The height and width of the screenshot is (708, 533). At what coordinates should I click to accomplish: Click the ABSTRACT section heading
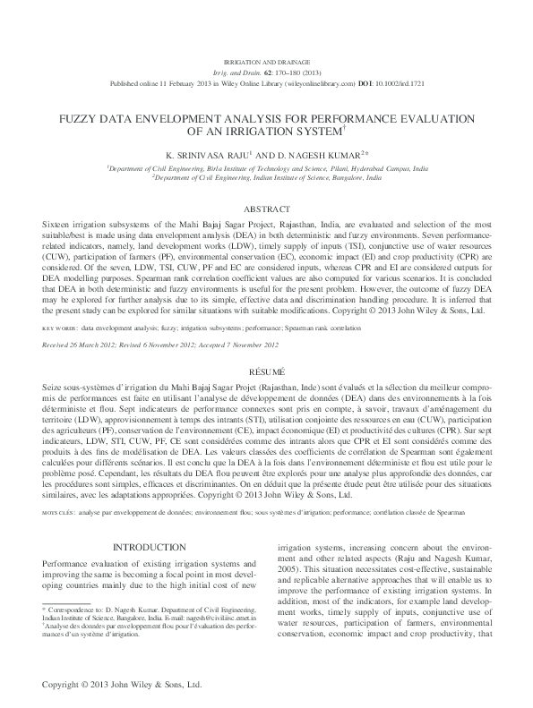coord(267,208)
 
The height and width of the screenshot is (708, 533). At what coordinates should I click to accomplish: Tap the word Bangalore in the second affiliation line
coord(345,177)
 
